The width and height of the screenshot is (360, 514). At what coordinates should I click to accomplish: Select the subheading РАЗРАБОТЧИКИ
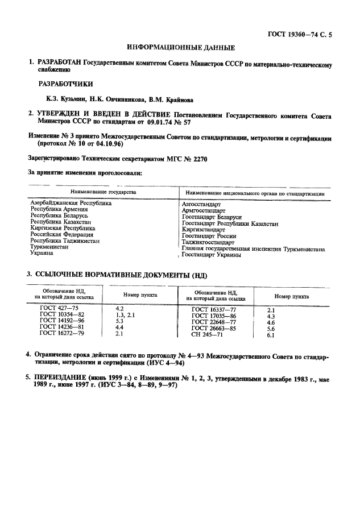click(65, 83)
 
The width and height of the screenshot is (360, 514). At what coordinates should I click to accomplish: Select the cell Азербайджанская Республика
click(71, 203)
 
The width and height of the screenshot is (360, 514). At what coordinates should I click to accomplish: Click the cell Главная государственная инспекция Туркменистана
click(253, 248)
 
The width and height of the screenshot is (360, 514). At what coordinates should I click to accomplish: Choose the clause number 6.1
click(271, 335)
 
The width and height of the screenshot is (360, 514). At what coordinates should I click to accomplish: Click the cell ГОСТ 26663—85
click(213, 328)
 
